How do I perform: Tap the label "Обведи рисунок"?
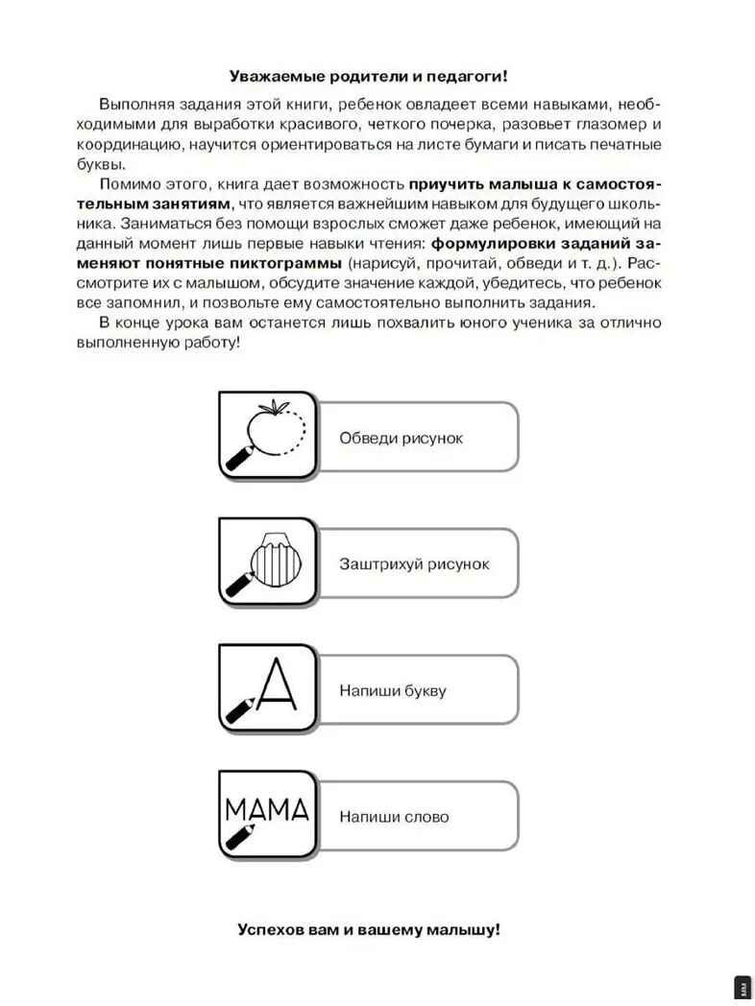[401, 438]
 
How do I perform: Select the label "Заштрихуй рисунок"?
[414, 564]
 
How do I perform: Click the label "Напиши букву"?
[392, 690]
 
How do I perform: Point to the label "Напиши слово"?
[393, 817]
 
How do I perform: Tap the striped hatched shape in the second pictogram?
[278, 557]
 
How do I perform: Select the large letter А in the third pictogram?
[277, 684]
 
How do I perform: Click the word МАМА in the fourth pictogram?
[266, 808]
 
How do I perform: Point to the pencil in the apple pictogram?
[239, 457]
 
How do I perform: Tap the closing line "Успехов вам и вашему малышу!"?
[369, 930]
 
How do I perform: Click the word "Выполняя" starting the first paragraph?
[132, 104]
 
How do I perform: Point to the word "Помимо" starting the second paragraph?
[130, 182]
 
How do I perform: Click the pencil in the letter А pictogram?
[239, 709]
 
